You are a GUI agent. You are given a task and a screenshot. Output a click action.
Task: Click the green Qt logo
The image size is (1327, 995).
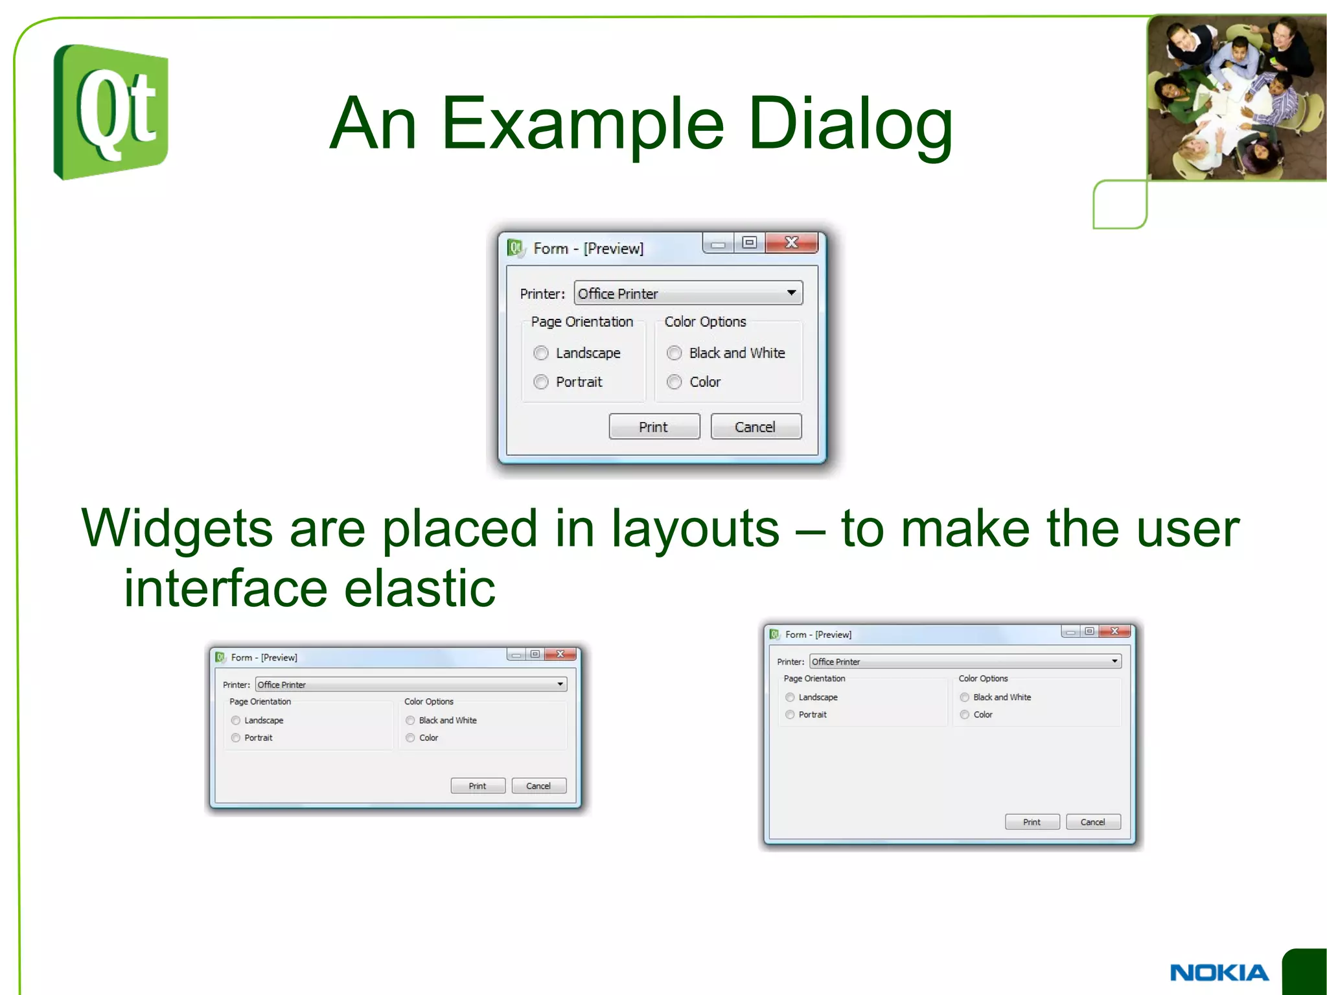click(x=111, y=112)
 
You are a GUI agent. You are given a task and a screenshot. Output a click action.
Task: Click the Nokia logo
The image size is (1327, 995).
click(x=1219, y=972)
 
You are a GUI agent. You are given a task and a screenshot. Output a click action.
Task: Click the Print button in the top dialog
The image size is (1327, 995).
click(x=654, y=427)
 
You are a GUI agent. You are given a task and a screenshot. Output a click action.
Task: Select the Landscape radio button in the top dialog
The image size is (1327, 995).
click(x=541, y=353)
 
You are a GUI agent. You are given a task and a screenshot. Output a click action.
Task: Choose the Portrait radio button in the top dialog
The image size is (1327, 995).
click(x=541, y=382)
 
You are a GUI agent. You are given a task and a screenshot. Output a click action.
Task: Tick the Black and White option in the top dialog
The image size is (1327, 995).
click(x=675, y=353)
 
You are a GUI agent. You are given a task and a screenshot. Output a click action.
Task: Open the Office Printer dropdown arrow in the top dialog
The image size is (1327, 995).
click(x=791, y=293)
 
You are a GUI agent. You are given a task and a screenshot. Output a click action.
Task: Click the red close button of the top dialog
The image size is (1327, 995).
click(x=791, y=243)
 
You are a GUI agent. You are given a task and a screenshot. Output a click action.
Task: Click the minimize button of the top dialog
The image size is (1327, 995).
click(x=718, y=244)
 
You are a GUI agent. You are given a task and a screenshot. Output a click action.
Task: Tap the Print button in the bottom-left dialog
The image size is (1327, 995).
click(x=478, y=786)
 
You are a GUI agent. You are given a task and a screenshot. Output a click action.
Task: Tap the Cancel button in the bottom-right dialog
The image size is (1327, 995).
click(x=1092, y=822)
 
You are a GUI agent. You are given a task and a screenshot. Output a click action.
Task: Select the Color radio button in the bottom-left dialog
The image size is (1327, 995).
click(x=410, y=738)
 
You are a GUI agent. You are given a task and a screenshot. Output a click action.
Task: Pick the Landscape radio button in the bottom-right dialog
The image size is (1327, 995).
click(x=790, y=697)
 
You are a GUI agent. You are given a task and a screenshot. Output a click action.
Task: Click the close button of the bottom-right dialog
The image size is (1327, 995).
click(x=1115, y=631)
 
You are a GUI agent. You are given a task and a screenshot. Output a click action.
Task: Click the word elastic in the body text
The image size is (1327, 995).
click(x=419, y=589)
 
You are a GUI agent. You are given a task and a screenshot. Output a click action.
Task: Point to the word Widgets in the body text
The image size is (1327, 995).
click(x=177, y=529)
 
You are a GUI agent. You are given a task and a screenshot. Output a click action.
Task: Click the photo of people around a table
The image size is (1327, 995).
click(x=1236, y=97)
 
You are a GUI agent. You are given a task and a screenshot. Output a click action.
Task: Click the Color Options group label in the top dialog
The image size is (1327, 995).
click(x=705, y=322)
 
